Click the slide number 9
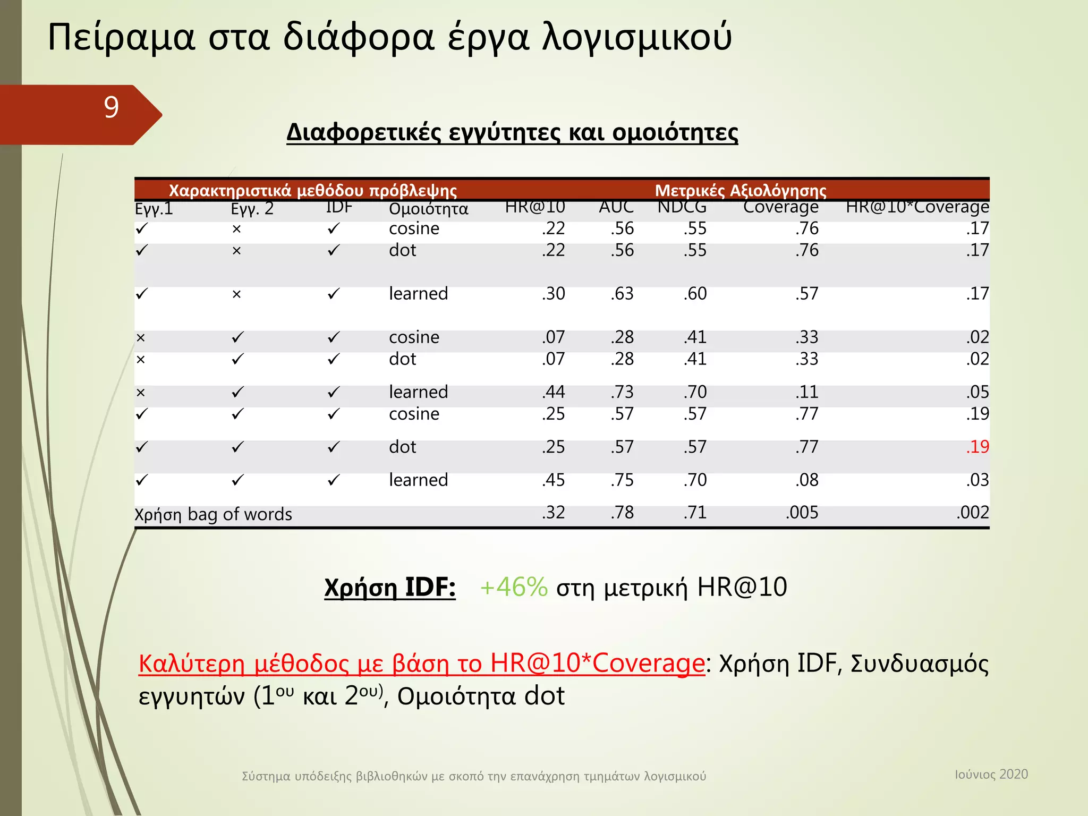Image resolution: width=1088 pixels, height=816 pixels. click(111, 107)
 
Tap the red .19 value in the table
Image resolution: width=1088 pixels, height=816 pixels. click(977, 447)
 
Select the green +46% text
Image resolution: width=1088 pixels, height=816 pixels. click(513, 587)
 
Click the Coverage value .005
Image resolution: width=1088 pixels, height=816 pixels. click(802, 513)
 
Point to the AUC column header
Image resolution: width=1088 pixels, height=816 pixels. click(616, 207)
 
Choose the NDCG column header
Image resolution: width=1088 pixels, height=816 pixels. click(682, 207)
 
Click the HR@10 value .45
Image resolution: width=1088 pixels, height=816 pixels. click(554, 480)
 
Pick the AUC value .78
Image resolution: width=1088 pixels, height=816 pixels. click(622, 513)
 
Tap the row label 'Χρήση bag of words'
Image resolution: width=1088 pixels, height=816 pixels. click(213, 514)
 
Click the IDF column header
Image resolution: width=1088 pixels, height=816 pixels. click(339, 207)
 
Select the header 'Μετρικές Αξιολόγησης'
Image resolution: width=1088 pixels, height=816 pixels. click(741, 190)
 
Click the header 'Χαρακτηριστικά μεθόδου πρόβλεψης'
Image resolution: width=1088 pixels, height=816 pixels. click(313, 190)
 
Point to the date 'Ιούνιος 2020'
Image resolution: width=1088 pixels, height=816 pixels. click(991, 774)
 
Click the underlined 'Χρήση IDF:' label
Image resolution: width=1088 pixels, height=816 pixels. click(390, 588)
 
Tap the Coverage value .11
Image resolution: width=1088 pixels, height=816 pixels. click(807, 392)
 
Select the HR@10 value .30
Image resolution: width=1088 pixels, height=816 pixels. click(554, 294)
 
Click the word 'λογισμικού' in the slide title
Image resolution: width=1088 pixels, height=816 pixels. click(637, 37)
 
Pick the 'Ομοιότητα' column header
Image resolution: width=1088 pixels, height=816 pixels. click(429, 209)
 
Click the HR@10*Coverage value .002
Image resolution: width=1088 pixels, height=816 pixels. click(973, 513)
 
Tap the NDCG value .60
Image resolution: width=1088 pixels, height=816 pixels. click(695, 294)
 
